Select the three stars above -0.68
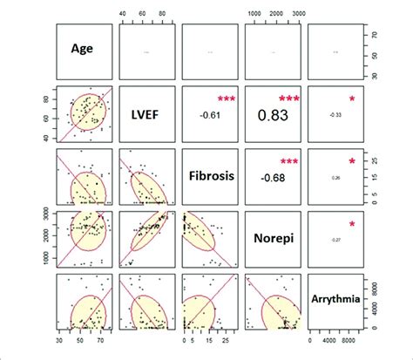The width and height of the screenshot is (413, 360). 288,161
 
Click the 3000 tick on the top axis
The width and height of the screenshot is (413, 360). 297,14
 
